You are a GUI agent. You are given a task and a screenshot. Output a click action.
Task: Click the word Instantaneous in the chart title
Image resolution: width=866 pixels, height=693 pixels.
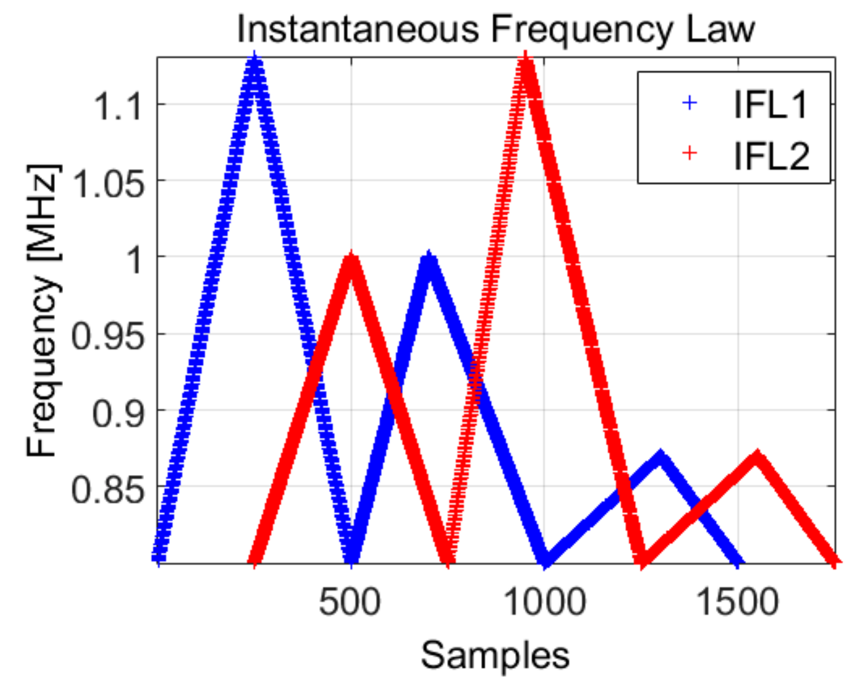pyautogui.click(x=358, y=28)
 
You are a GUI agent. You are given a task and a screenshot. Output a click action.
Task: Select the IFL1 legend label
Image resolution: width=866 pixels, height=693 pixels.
pyautogui.click(x=770, y=104)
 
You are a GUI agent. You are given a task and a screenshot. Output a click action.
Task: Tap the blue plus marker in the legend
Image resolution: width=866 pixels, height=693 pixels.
pyautogui.click(x=689, y=103)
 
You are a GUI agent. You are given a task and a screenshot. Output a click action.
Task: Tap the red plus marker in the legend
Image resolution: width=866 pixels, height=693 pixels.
pyautogui.click(x=689, y=153)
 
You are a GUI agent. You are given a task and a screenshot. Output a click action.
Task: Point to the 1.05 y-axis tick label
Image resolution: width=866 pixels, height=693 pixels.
pyautogui.click(x=107, y=183)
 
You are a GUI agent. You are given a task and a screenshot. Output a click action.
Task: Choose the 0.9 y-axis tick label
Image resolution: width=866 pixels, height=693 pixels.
pyautogui.click(x=117, y=413)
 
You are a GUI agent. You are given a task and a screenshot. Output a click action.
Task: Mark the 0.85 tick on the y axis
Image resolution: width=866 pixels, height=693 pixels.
pyautogui.click(x=107, y=490)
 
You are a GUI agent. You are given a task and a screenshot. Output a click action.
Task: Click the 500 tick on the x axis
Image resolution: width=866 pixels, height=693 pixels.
pyautogui.click(x=350, y=601)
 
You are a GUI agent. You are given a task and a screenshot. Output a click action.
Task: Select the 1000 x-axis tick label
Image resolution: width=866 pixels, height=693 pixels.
pyautogui.click(x=545, y=601)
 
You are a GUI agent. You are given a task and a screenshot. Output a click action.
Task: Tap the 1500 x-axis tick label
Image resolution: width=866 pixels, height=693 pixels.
pyautogui.click(x=738, y=601)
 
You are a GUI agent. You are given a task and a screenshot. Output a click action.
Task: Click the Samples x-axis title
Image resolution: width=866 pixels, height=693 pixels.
pyautogui.click(x=495, y=655)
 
